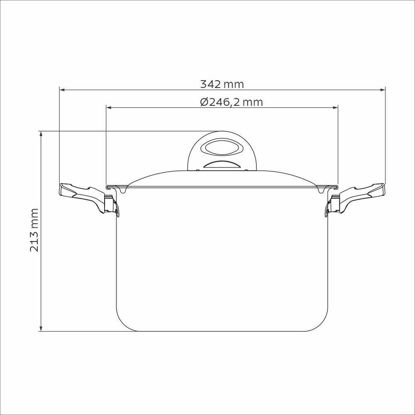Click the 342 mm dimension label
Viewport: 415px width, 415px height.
click(x=222, y=84)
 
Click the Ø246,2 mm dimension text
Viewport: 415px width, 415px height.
click(x=231, y=102)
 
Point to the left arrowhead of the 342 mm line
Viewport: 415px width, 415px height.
click(x=62, y=89)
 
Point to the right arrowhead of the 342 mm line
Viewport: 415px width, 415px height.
click(x=383, y=89)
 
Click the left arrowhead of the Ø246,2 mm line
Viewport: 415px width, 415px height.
click(x=109, y=107)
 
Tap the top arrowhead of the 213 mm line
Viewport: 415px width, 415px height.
click(x=40, y=134)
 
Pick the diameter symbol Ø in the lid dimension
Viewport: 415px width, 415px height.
click(x=204, y=102)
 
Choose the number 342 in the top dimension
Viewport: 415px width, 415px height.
click(x=210, y=84)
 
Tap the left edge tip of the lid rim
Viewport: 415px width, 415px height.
click(x=107, y=187)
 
